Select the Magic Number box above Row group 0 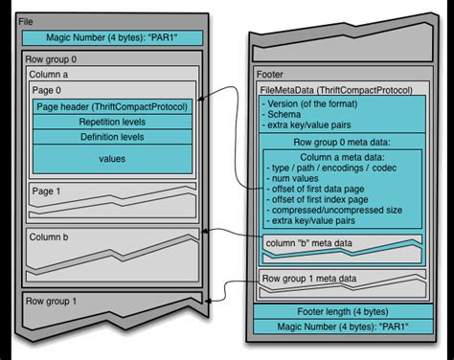[x=113, y=38]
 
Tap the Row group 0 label [x=49, y=59]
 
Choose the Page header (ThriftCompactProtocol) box [x=113, y=106]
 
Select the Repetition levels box [x=113, y=123]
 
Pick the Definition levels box [x=113, y=139]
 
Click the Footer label [x=271, y=74]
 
